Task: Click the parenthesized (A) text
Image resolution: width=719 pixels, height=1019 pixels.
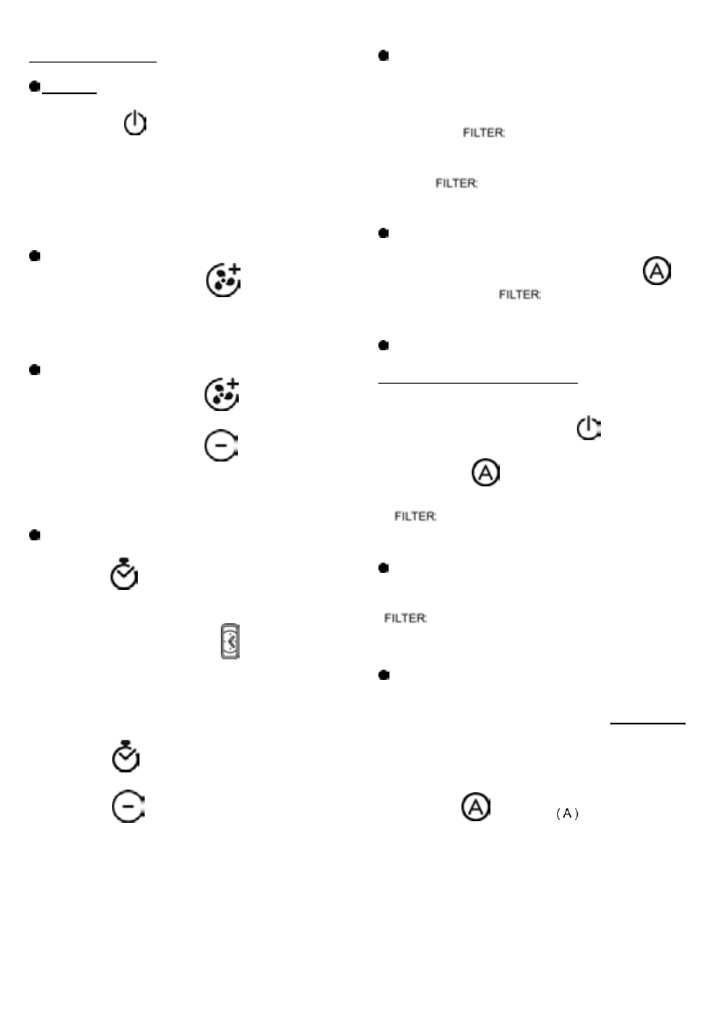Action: (568, 813)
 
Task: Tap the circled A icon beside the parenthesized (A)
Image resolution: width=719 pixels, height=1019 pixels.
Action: (478, 807)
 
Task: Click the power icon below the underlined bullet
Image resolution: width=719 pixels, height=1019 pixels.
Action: (135, 124)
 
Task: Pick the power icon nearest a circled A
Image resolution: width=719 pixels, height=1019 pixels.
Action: (588, 428)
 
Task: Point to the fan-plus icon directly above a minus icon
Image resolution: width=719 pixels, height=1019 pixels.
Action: (222, 392)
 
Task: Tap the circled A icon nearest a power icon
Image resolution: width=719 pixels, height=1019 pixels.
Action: (485, 473)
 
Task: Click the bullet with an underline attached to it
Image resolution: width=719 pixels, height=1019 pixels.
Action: (34, 86)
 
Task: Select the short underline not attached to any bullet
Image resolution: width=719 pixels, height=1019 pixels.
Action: (648, 724)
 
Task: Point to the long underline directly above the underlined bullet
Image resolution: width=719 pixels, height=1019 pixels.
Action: (93, 62)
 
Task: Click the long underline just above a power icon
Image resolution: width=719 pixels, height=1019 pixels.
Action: (478, 384)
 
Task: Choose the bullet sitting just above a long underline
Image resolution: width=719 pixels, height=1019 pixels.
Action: (383, 346)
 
